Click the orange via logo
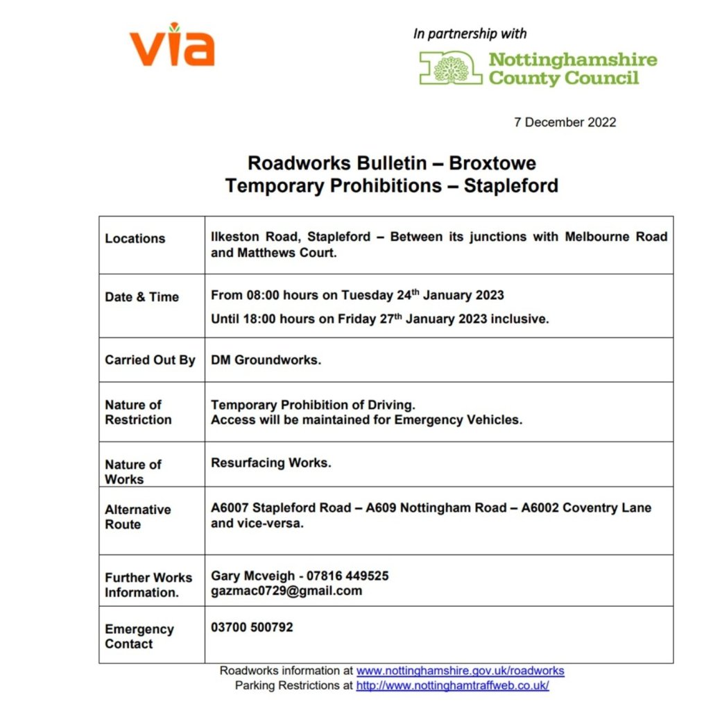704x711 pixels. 172,46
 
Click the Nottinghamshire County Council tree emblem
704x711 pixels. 452,68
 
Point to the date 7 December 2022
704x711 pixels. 565,122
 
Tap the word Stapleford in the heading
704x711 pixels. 510,186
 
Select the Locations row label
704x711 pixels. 135,238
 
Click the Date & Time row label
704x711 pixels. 141,296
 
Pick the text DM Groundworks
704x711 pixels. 266,360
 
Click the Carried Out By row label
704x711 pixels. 150,360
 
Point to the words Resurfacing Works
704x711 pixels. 271,462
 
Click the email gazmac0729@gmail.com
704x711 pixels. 286,591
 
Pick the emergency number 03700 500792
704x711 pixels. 252,627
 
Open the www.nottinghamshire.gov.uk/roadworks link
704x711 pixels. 460,671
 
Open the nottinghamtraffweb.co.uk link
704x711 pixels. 452,685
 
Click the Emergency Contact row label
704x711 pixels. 139,636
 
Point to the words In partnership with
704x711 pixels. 470,33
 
